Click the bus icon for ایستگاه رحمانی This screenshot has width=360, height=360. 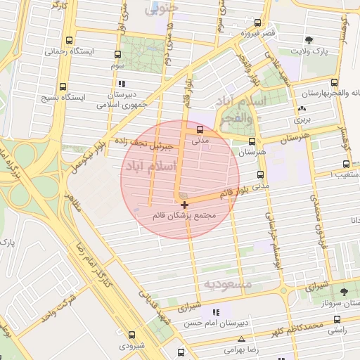pyautogui.click(x=68, y=41)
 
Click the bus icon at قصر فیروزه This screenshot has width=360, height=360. pyautogui.click(x=259, y=23)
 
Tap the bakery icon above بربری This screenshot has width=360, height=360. pyautogui.click(x=302, y=109)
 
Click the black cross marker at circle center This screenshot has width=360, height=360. pyautogui.click(x=184, y=205)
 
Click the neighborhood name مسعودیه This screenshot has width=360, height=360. pyautogui.click(x=228, y=283)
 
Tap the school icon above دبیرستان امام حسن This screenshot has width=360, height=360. pyautogui.click(x=215, y=312)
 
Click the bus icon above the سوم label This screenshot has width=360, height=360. pyautogui.click(x=117, y=54)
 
